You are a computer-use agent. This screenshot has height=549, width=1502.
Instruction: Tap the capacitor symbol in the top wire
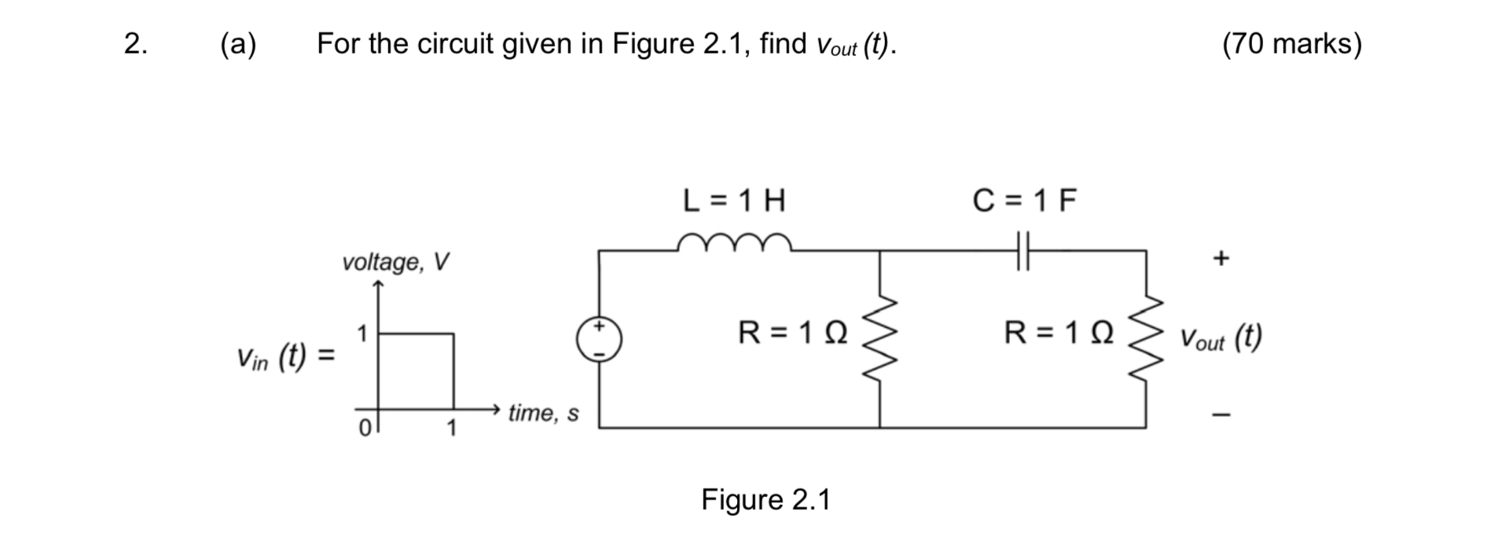click(x=1022, y=250)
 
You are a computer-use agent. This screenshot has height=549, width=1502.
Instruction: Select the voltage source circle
click(x=599, y=339)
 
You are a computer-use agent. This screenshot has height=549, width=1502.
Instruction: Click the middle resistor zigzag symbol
click(x=879, y=338)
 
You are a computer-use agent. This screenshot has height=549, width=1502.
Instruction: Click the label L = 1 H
click(x=734, y=201)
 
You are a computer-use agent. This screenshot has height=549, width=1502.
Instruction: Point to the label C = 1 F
click(x=1024, y=201)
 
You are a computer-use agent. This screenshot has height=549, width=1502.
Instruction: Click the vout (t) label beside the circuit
click(x=1220, y=338)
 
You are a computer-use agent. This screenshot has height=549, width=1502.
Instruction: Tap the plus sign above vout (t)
click(x=1220, y=258)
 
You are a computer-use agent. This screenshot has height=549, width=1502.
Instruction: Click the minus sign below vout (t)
click(x=1220, y=415)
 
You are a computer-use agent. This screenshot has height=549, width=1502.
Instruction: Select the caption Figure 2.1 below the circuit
click(x=766, y=499)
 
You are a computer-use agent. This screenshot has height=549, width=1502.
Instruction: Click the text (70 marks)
click(x=1291, y=44)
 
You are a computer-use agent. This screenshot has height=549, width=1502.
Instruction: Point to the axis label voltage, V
click(x=395, y=261)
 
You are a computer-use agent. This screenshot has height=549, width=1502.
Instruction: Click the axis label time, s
click(x=543, y=413)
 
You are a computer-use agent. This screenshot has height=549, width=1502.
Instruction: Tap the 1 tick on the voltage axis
click(x=362, y=333)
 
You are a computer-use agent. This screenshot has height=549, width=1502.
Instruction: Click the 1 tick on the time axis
click(x=451, y=429)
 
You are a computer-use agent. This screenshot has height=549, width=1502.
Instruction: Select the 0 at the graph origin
click(x=364, y=429)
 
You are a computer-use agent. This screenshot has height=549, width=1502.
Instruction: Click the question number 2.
click(x=135, y=44)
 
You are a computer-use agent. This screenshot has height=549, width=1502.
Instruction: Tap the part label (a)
click(x=238, y=44)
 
